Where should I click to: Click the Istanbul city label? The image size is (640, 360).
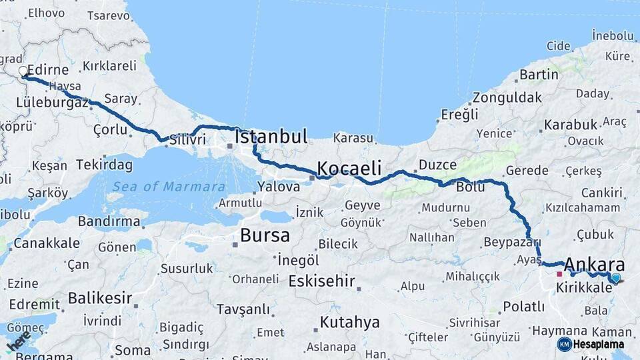tap(271, 138)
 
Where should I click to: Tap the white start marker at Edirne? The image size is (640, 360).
tap(23, 71)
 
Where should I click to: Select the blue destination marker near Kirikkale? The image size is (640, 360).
tap(615, 278)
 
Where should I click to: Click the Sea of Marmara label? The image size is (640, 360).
tap(169, 187)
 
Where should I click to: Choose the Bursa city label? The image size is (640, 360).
tap(265, 235)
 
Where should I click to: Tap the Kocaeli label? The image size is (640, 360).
tap(349, 167)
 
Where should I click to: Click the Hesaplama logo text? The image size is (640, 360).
tap(598, 344)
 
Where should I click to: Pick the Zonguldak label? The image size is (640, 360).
tap(507, 97)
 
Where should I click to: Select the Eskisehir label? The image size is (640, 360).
tap(321, 281)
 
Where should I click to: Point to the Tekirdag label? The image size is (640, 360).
tap(104, 164)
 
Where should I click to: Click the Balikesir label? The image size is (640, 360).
tap(100, 297)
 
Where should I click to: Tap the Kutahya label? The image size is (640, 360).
tap(349, 323)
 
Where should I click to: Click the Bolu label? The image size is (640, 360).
tap(470, 187)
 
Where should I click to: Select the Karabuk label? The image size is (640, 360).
tap(570, 125)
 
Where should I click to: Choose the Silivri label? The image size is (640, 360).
tap(187, 140)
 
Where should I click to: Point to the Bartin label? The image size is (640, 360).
tap(539, 74)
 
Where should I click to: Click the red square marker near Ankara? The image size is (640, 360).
tap(559, 273)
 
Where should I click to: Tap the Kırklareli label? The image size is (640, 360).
tap(109, 66)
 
